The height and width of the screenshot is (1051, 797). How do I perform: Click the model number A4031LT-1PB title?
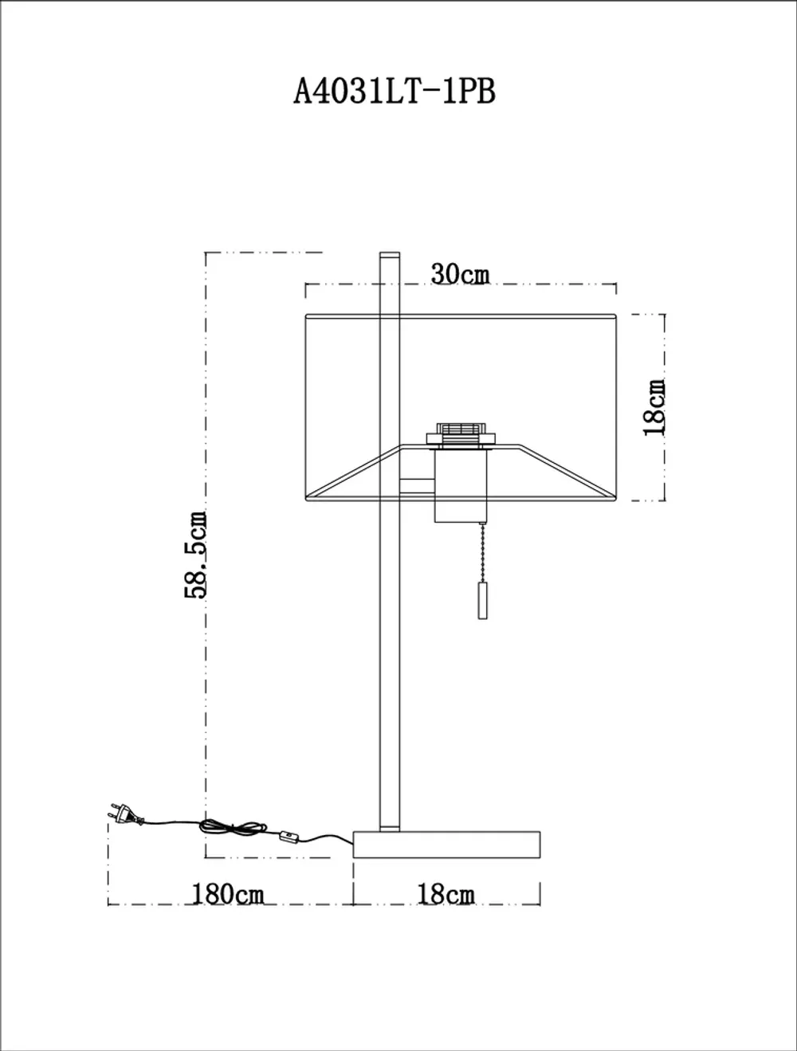(395, 92)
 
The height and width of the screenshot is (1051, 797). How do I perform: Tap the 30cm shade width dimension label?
(460, 274)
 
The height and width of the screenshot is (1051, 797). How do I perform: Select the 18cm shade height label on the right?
(654, 407)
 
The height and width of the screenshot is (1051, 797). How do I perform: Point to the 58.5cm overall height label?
(196, 555)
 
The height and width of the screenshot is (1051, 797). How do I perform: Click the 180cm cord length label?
(227, 894)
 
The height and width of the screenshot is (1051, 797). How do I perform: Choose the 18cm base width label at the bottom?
(446, 894)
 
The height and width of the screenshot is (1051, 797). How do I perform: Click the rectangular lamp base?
(446, 845)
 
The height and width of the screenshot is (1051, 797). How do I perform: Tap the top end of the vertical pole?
(389, 257)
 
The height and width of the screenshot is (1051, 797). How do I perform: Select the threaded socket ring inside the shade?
(461, 430)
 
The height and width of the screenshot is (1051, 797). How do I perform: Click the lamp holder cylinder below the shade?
(460, 486)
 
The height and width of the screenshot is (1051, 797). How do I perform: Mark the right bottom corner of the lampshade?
(616, 500)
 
